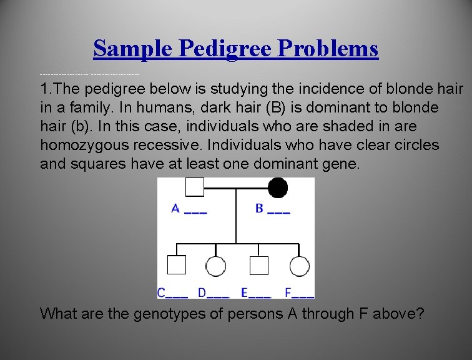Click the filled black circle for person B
click(278, 187)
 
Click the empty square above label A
click(195, 187)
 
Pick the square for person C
click(177, 266)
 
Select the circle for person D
click(216, 267)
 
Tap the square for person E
click(258, 266)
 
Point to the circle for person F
click(299, 267)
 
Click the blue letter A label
click(176, 209)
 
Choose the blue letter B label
click(260, 209)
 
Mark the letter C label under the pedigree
click(162, 292)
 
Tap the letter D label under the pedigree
click(202, 292)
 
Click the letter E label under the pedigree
click(244, 292)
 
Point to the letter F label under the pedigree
click(288, 292)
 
